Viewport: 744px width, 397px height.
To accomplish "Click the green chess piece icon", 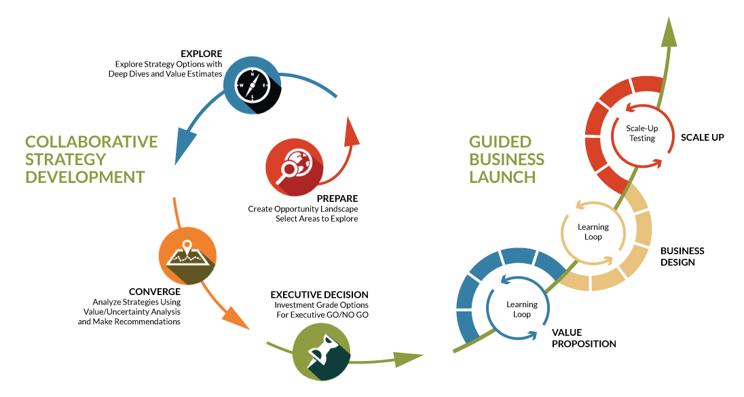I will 322,351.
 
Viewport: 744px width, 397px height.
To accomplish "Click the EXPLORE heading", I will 201,54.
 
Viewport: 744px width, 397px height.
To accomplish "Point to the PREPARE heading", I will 337,198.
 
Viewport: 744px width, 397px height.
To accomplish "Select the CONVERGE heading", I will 154,292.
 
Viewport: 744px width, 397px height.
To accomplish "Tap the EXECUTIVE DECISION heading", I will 319,295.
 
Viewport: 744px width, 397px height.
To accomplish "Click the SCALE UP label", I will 703,137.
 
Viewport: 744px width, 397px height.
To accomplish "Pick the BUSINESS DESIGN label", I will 682,256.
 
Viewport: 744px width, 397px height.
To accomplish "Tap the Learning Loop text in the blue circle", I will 521,309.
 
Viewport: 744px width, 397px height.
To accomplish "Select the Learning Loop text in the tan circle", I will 593,232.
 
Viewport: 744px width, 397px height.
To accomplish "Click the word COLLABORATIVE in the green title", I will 91,141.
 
